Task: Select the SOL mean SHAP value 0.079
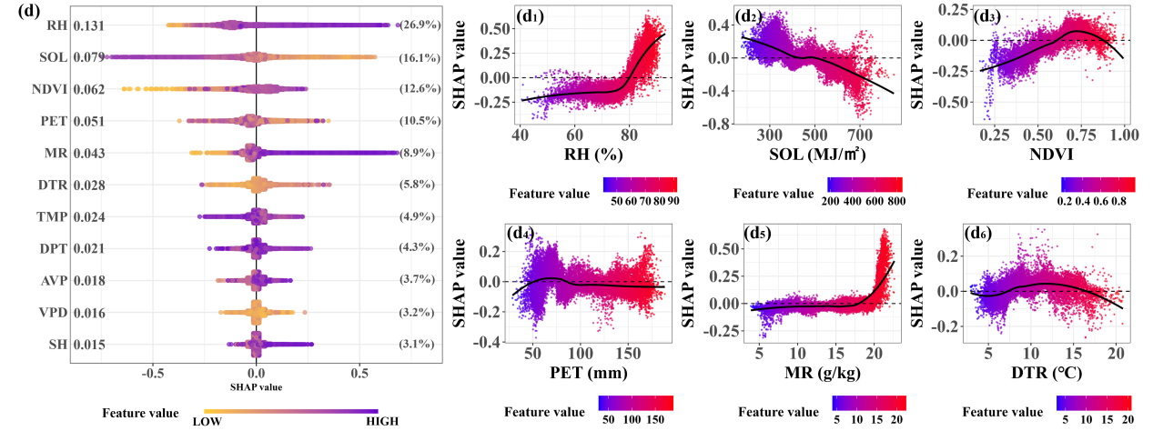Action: (x=89, y=58)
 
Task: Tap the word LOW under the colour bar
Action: (x=206, y=421)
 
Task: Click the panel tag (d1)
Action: (x=532, y=15)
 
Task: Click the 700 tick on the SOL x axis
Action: (x=856, y=135)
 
